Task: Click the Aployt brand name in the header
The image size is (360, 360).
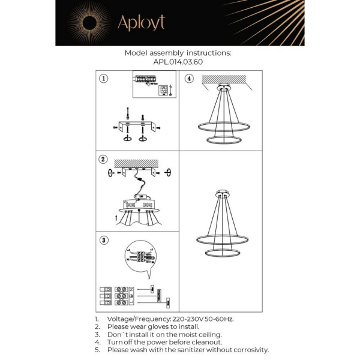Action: pos(140,23)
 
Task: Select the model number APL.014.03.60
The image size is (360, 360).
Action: pos(178,62)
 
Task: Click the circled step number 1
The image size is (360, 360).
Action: pos(104,79)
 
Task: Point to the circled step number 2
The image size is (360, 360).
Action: pos(104,160)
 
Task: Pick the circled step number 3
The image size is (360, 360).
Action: pos(104,240)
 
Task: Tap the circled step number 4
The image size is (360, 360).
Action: pos(188,79)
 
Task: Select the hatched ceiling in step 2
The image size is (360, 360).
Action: pos(139,163)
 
